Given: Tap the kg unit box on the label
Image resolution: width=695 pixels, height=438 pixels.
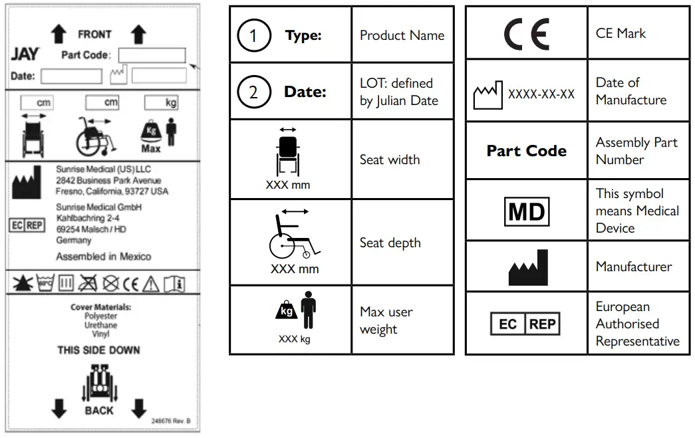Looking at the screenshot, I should [162, 103].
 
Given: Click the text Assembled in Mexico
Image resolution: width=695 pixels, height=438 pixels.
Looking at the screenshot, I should [103, 257].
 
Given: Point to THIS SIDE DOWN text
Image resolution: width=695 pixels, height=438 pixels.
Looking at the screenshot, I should [98, 350].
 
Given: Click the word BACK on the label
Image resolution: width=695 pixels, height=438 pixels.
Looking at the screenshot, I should [99, 411].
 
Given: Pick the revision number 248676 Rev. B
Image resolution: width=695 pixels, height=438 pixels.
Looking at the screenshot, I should [171, 421].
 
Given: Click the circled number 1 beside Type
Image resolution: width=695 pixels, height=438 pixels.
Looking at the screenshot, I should [253, 35].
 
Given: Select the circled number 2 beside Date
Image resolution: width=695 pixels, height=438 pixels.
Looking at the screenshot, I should [253, 92].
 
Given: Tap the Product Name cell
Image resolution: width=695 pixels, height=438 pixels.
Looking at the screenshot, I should [402, 35].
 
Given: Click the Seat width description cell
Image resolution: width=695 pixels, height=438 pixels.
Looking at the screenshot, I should [390, 160].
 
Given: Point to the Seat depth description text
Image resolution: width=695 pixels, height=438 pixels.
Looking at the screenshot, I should [390, 243].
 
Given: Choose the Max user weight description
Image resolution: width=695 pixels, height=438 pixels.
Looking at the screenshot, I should [386, 320].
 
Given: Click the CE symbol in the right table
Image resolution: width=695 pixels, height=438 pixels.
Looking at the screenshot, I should [526, 33].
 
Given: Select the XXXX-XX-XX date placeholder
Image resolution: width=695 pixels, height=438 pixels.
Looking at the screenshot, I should [541, 94].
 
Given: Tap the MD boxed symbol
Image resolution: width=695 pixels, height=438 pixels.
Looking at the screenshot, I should [526, 211].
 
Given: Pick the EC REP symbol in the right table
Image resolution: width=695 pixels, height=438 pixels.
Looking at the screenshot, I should [526, 324].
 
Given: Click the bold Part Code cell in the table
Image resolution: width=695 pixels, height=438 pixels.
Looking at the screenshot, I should [526, 151].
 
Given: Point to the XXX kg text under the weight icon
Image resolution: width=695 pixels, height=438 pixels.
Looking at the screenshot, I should [294, 339].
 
